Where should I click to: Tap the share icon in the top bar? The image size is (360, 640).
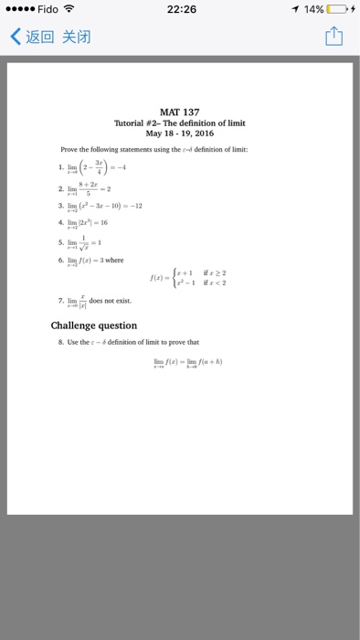tap(334, 38)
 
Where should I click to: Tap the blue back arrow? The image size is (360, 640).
tap(15, 38)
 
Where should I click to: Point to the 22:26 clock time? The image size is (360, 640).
tap(182, 9)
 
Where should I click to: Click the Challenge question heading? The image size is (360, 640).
tap(94, 325)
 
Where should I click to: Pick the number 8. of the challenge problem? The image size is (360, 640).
tap(62, 342)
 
